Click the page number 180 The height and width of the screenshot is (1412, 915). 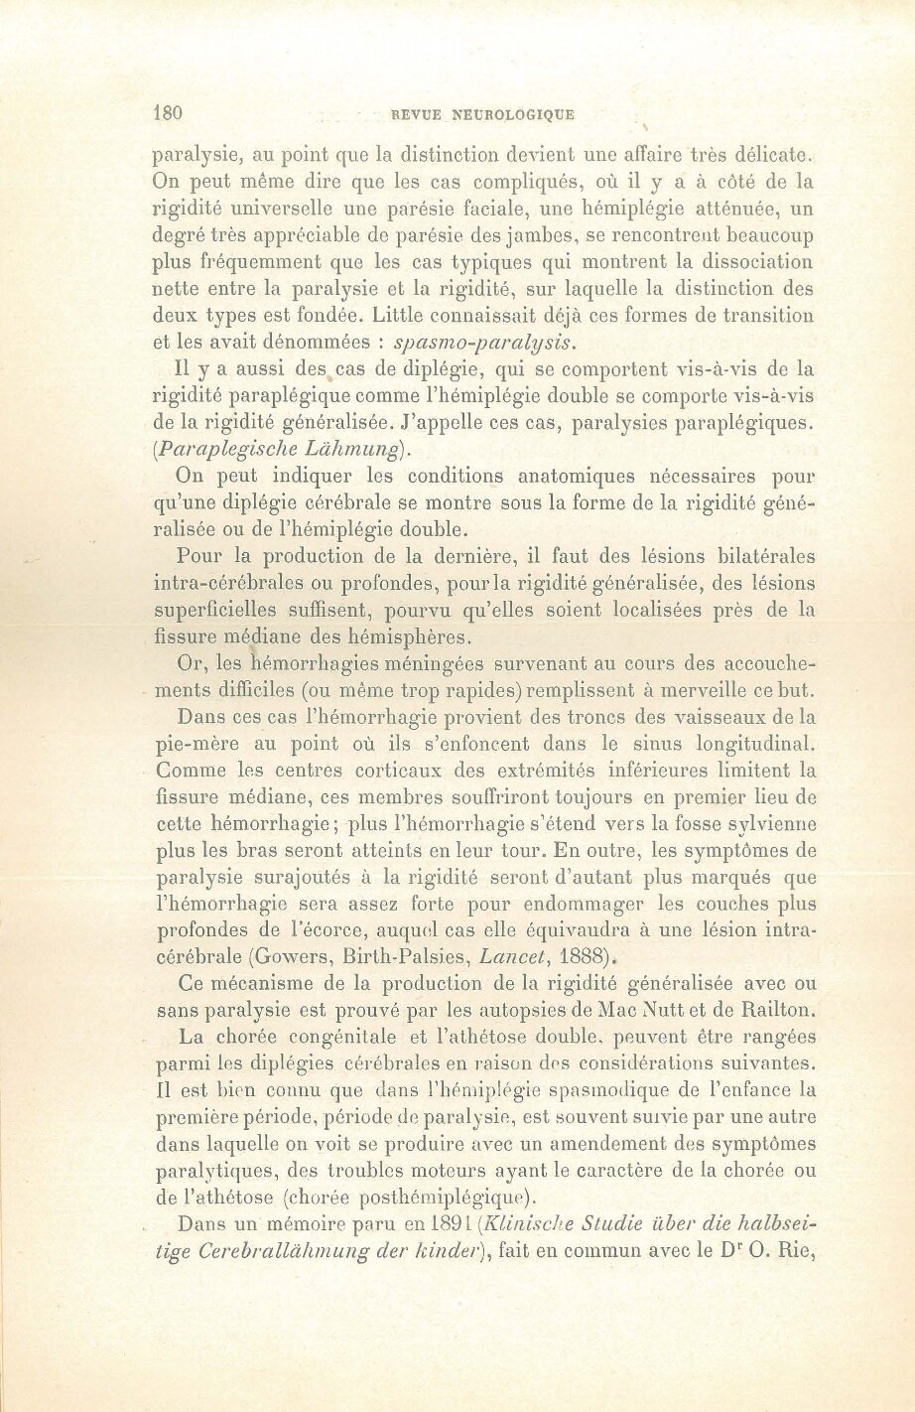pyautogui.click(x=169, y=112)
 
